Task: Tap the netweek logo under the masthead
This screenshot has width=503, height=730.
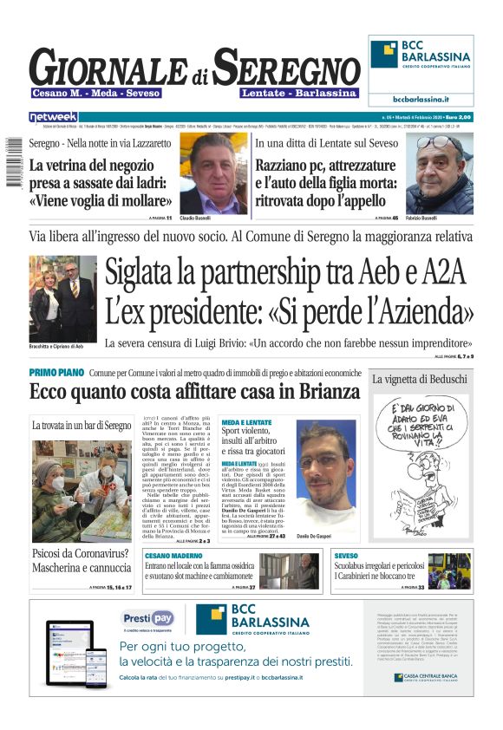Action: [x=53, y=116]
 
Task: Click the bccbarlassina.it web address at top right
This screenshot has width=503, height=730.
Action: [x=421, y=100]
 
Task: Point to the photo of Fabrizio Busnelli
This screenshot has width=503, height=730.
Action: [x=440, y=173]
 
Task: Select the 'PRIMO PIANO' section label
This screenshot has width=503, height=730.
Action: [x=56, y=372]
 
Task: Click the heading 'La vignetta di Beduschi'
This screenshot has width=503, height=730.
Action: [x=420, y=379]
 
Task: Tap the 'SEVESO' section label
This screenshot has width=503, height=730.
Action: [x=346, y=555]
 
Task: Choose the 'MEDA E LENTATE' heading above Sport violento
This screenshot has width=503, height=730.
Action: [x=246, y=421]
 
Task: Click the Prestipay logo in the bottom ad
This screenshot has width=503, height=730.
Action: [x=147, y=617]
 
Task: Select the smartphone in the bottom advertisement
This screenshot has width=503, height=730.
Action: [x=95, y=668]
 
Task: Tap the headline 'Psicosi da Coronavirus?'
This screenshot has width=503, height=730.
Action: [x=81, y=553]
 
